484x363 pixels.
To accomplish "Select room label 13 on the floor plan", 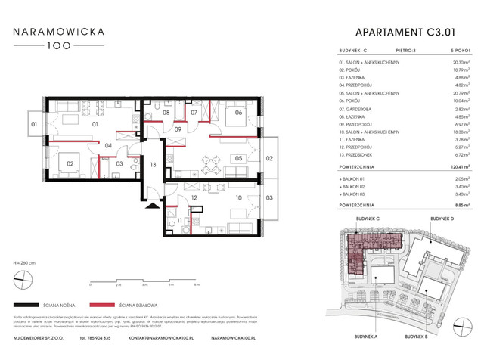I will click(152, 165).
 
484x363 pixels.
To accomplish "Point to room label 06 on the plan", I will click(237, 113).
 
